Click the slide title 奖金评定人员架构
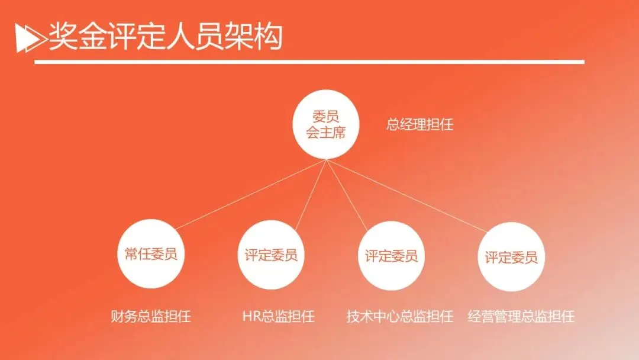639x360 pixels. [165, 37]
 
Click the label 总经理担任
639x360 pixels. [420, 126]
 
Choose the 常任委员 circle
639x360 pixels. [147, 255]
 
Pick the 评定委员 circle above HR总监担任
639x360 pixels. [271, 255]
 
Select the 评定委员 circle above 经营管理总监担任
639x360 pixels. [511, 257]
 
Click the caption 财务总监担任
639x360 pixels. [151, 316]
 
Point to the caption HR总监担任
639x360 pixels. [278, 316]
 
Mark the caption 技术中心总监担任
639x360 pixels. [400, 316]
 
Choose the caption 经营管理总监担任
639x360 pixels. [521, 316]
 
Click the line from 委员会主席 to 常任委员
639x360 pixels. [248, 194]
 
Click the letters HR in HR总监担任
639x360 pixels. [249, 316]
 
